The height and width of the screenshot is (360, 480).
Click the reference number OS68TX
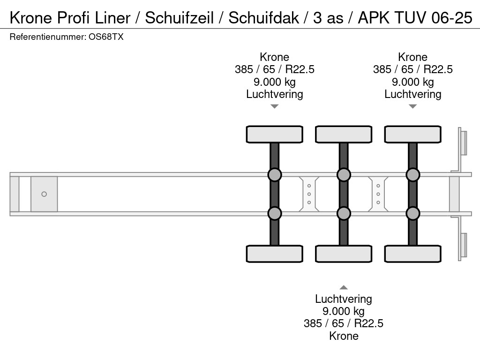point(106,37)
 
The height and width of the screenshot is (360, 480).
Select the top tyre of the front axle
point(274,134)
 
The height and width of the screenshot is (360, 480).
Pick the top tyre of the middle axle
point(344,134)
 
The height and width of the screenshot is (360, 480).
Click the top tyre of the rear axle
point(412,134)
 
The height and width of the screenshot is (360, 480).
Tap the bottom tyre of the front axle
point(274,254)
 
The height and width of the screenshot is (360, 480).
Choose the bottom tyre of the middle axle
point(344,254)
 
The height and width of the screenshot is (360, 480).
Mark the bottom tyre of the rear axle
point(412,254)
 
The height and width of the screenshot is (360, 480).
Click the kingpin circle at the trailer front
point(44,194)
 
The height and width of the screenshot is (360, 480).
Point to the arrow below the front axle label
point(274,106)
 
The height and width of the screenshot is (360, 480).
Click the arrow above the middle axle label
point(344,287)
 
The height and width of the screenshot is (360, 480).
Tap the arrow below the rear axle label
point(412,106)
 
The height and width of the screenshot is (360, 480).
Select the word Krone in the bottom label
point(344,336)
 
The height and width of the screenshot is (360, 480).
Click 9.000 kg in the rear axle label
point(412,82)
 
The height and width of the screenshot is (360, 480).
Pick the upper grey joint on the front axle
point(274,175)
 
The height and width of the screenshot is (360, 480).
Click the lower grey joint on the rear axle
point(412,213)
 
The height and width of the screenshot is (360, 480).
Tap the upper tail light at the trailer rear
point(463,142)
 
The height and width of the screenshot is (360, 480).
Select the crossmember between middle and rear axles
point(378,194)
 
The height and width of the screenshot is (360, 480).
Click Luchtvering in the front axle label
point(274,94)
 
